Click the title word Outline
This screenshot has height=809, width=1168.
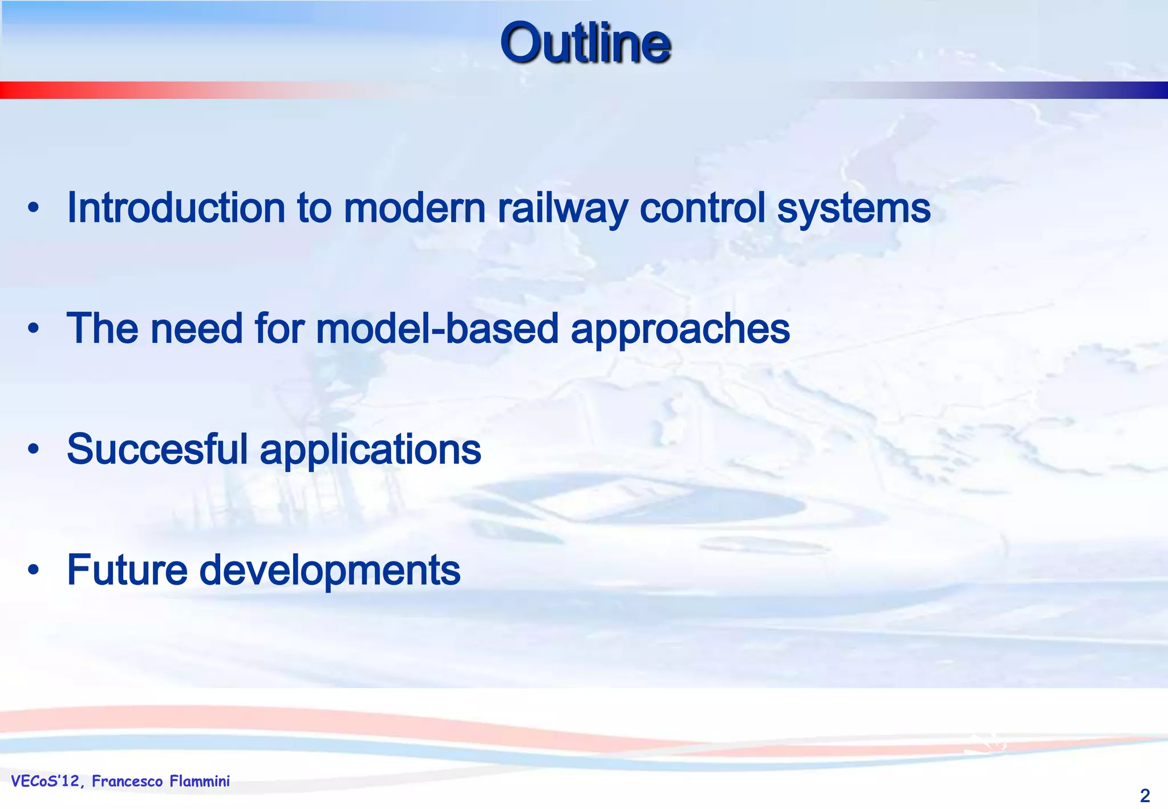click(x=585, y=43)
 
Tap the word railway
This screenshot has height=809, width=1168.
click(x=562, y=209)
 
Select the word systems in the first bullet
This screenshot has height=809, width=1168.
click(x=854, y=209)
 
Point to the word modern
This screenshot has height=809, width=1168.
click(x=415, y=208)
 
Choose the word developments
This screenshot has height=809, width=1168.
click(x=330, y=571)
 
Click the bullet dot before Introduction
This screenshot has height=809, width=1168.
click(x=34, y=209)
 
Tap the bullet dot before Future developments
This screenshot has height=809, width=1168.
click(x=34, y=570)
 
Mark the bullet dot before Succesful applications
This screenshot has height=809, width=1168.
click(x=34, y=450)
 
